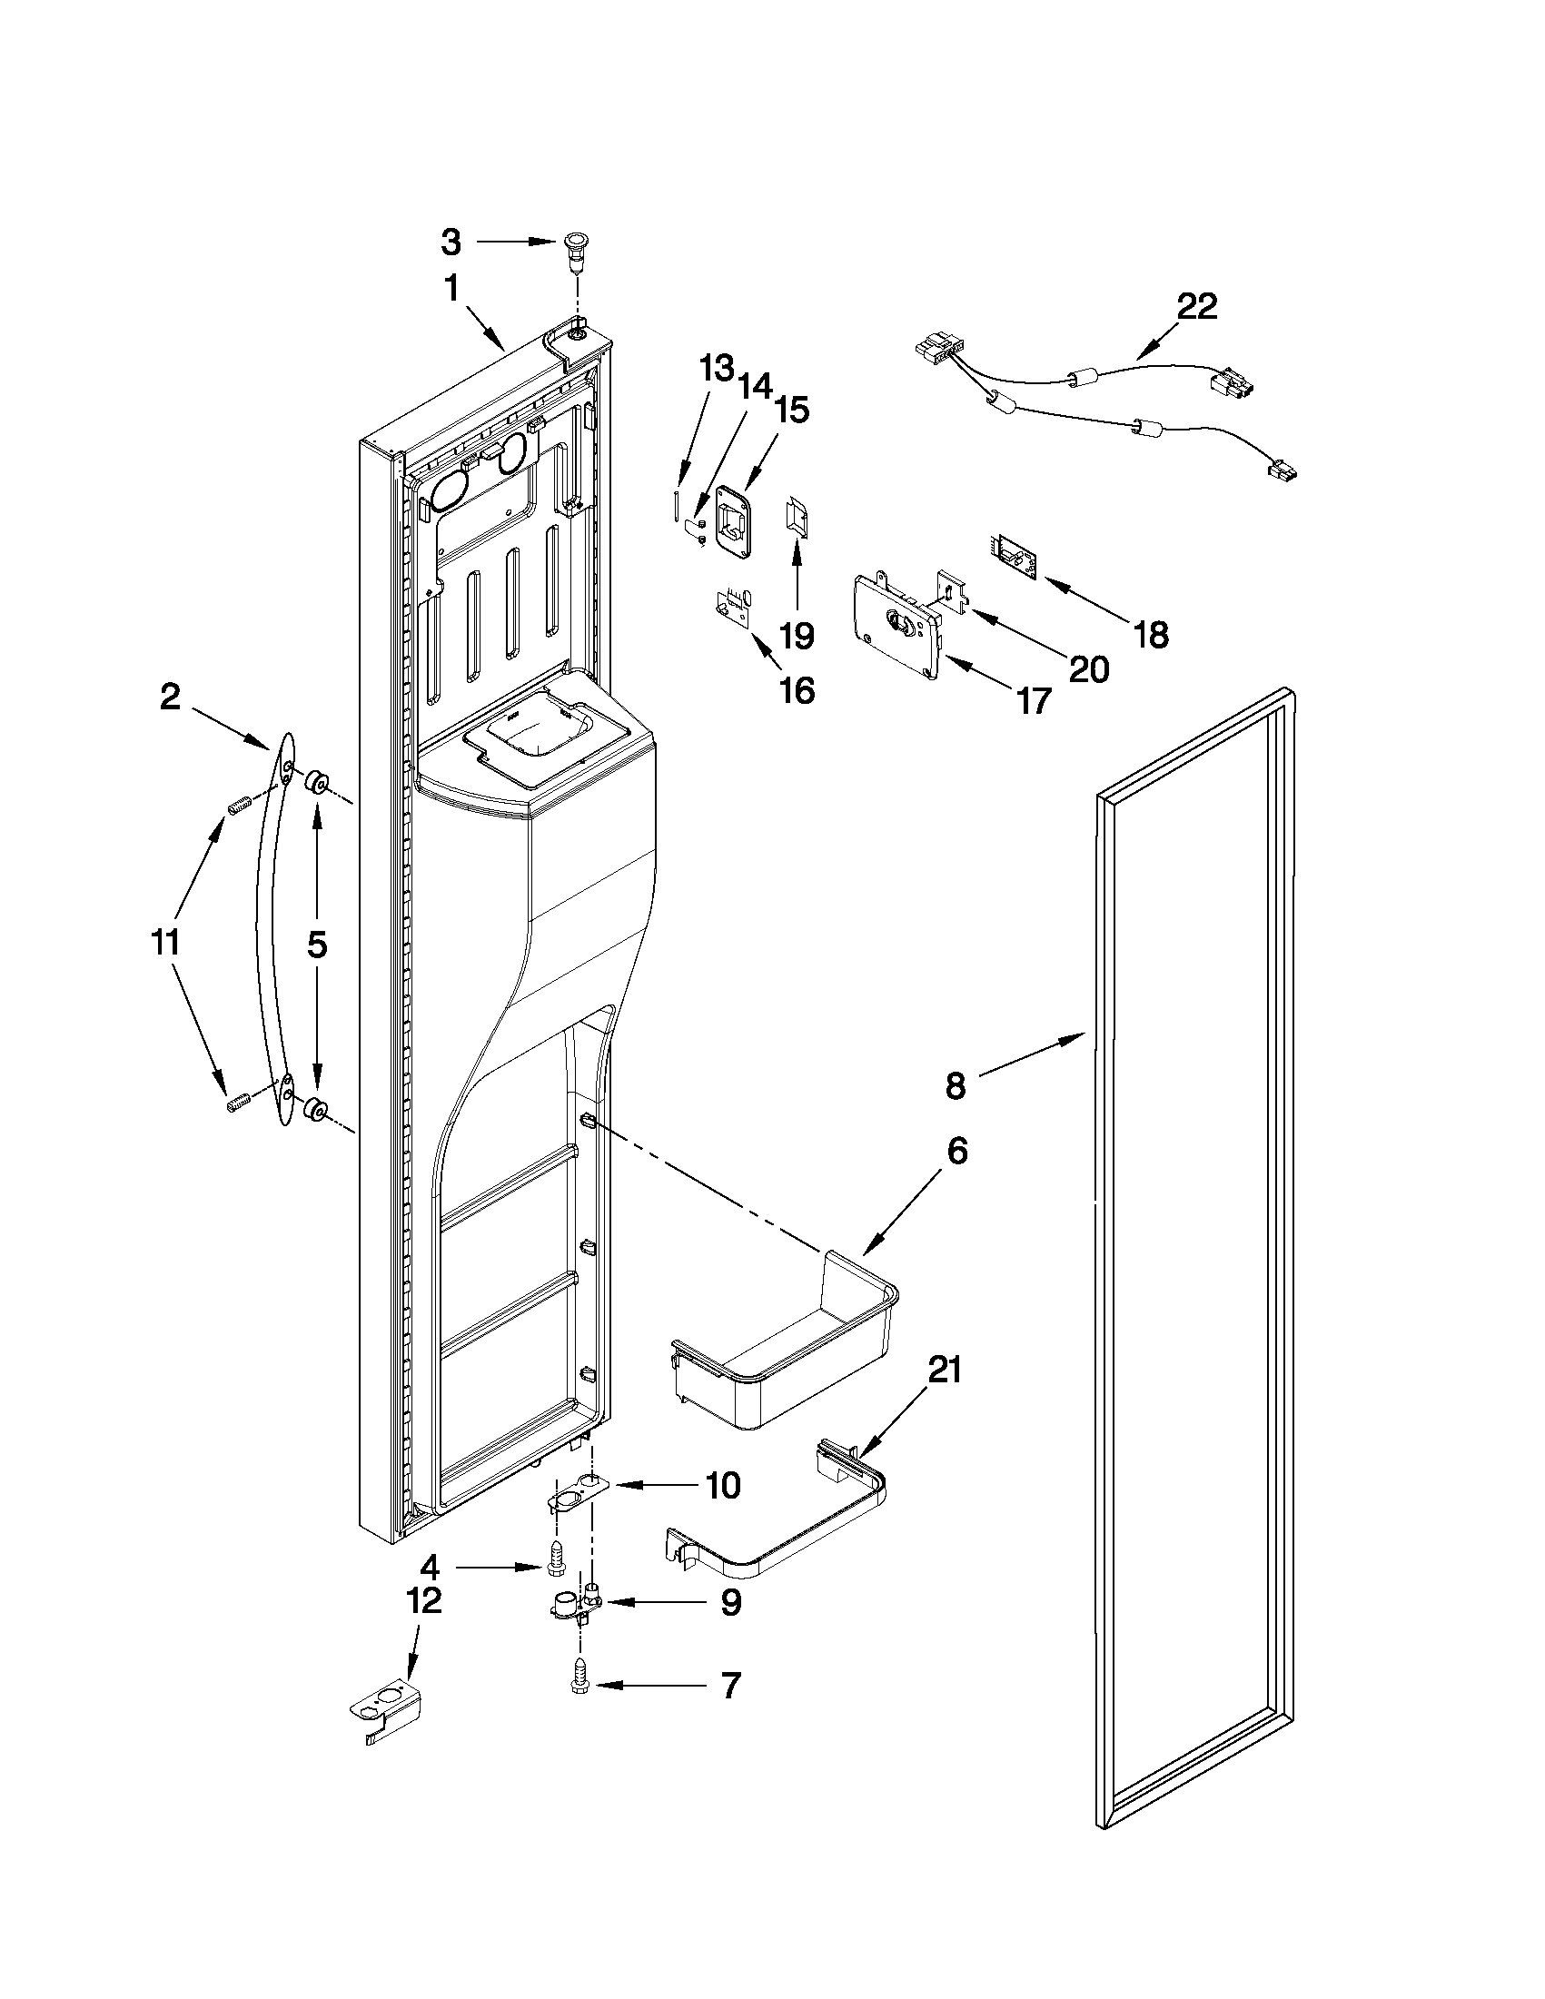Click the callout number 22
(x=1196, y=307)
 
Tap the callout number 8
(x=955, y=1085)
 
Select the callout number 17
(x=1034, y=701)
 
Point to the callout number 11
(x=166, y=942)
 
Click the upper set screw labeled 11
(x=239, y=807)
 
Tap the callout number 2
(x=170, y=698)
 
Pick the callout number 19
(x=797, y=634)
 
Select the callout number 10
(x=723, y=1486)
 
